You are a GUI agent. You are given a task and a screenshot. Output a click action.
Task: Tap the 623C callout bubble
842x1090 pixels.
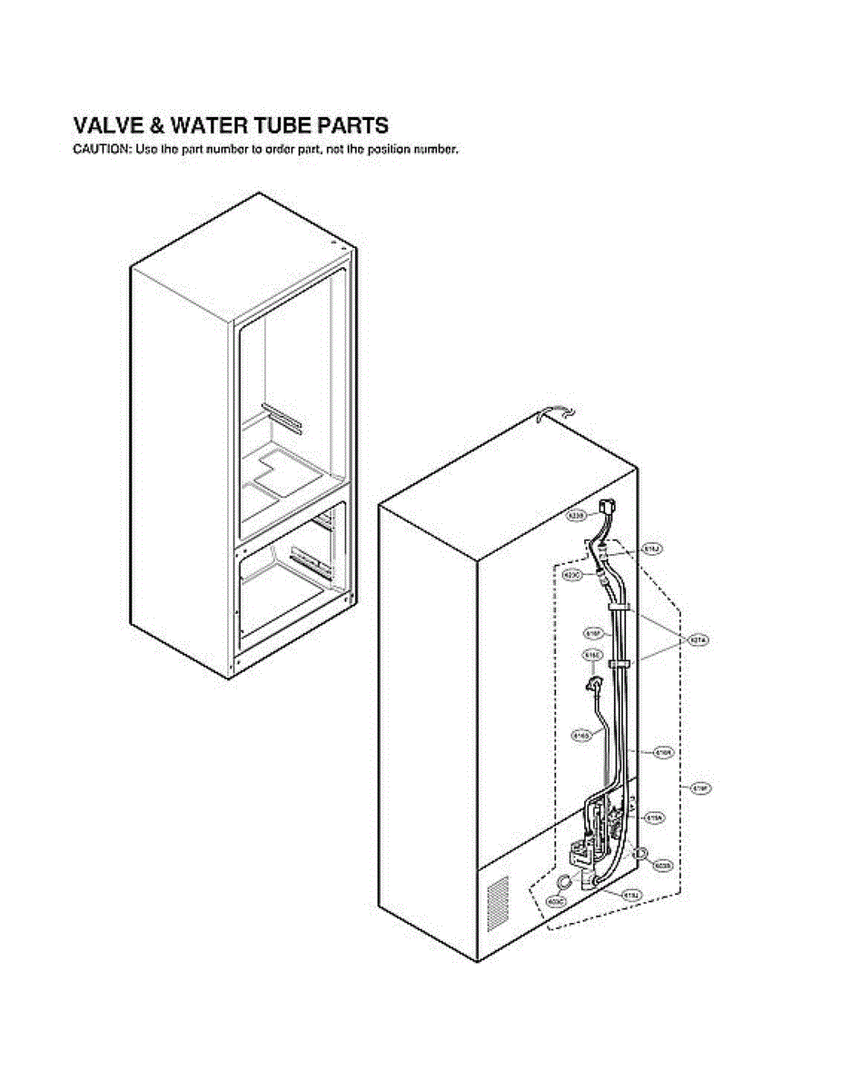[573, 575]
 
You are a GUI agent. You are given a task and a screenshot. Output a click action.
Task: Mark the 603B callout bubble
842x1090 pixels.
[663, 867]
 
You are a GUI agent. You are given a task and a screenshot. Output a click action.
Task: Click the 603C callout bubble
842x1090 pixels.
[556, 900]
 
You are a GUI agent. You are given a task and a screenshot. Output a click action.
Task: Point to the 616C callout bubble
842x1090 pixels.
[592, 654]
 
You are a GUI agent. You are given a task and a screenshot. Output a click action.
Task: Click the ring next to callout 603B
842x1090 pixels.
[640, 853]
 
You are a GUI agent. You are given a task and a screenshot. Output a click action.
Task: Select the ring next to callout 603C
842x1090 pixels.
[565, 881]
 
